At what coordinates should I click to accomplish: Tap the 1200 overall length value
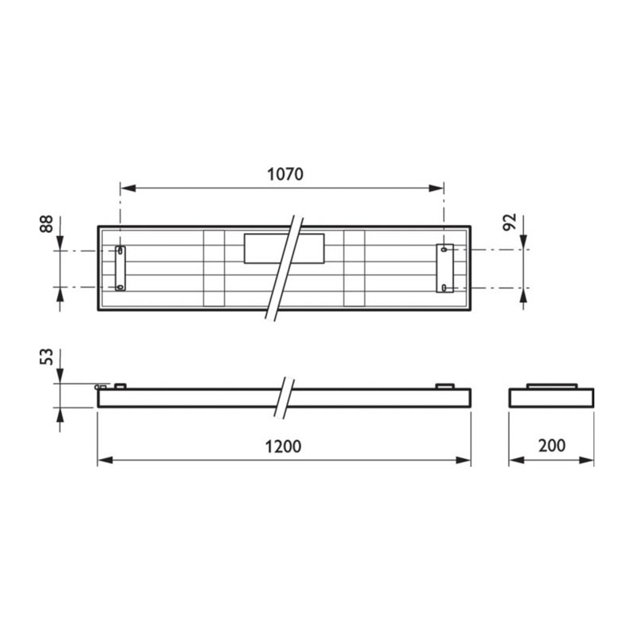point(283,446)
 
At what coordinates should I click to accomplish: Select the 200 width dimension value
point(551,445)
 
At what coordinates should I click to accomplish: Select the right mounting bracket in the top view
point(445,268)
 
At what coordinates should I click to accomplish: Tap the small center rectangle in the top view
point(284,248)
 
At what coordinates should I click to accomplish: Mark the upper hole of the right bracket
point(445,250)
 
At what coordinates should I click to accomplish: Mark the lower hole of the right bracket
point(445,286)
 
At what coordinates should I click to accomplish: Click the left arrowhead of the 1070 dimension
point(125,189)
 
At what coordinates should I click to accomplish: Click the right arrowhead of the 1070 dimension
point(437,189)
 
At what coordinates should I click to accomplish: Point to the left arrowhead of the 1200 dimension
point(103,460)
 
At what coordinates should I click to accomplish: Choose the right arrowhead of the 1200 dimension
point(465,460)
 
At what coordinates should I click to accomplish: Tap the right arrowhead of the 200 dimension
point(588,460)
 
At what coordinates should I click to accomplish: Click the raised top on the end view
point(551,386)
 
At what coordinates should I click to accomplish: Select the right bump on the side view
point(445,386)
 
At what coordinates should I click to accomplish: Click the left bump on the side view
point(120,386)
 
